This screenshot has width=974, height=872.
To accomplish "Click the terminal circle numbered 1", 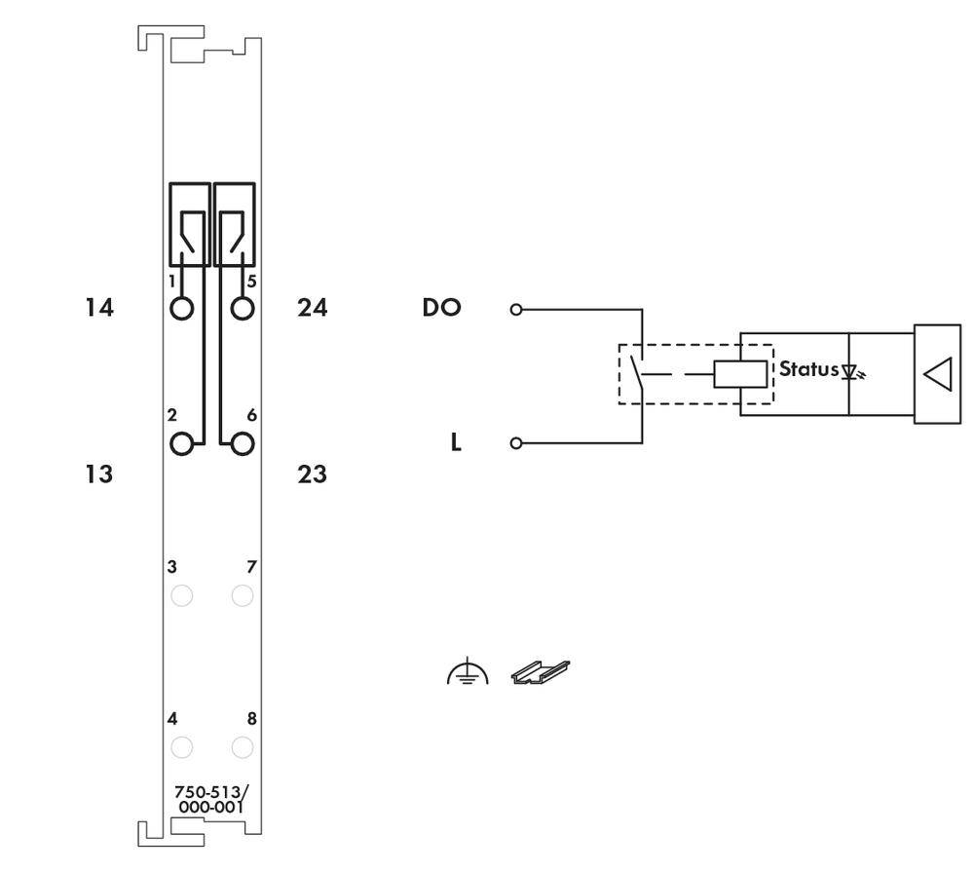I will coord(181,309).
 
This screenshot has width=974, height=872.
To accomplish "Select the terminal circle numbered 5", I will coord(243,309).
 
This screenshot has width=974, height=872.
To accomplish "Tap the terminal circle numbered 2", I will coord(181,444).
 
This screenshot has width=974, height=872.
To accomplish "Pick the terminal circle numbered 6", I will coord(243,444).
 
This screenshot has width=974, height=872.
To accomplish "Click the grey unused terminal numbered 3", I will coord(181,595).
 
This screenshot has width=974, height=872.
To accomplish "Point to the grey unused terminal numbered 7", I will coord(243,595).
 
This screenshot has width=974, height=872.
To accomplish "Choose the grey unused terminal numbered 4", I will coord(181,747).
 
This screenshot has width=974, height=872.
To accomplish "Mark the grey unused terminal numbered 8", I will coord(243,747).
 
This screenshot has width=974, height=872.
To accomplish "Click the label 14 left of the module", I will coord(98,309).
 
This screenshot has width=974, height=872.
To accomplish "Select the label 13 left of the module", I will coord(98,475).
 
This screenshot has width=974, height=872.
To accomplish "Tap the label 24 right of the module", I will coord(312,309).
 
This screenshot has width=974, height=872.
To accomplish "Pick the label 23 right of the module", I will coord(312,475).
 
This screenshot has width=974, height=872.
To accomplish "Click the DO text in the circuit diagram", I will coord(440,309).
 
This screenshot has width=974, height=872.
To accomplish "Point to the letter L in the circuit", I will coord(455,444).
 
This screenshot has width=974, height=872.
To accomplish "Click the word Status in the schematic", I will coord(808,370).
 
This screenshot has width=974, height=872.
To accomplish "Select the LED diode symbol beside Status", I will coord(850,371).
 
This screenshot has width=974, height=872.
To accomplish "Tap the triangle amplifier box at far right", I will coord(937,374).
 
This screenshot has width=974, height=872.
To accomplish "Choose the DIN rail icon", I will coord(541,671).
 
